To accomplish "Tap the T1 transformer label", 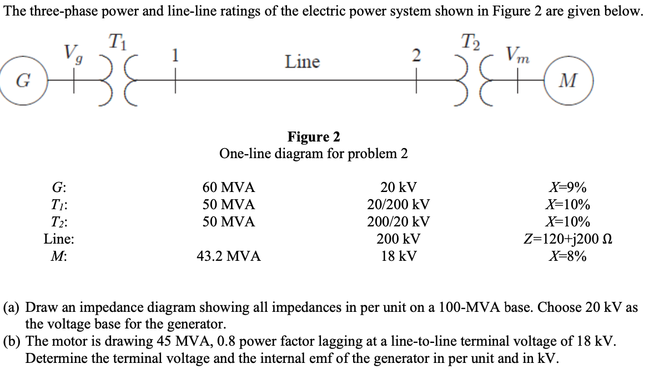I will click(x=116, y=41).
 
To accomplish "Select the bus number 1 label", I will click(x=175, y=56).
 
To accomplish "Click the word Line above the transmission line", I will click(x=303, y=62).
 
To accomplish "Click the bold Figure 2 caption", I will click(x=314, y=137).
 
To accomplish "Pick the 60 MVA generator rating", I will click(x=228, y=187).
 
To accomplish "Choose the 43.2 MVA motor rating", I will click(x=228, y=256).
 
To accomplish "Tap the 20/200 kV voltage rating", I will click(x=398, y=204).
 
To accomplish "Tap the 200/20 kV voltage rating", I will click(x=398, y=222).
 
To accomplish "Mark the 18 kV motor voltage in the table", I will click(x=398, y=256).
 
